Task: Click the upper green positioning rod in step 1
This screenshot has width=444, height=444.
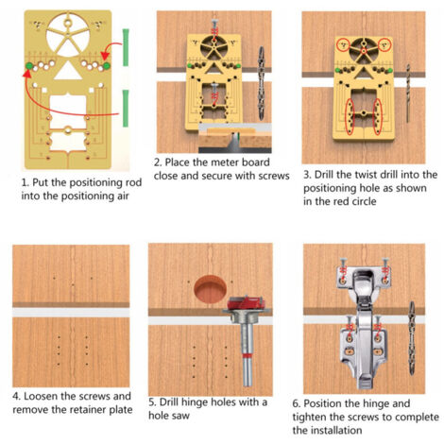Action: [x=126, y=47]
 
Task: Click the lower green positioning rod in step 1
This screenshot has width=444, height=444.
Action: [x=126, y=109]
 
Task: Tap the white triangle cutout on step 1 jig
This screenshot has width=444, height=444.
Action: [x=68, y=70]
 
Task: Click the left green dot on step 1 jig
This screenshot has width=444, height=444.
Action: [x=29, y=66]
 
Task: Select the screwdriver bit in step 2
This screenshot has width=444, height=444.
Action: [x=261, y=83]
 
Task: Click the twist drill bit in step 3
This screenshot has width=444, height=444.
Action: [x=408, y=94]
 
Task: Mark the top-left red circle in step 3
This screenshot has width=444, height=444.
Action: [x=343, y=44]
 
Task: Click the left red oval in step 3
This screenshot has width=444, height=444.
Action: [x=350, y=117]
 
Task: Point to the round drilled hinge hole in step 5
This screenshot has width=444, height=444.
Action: [x=210, y=289]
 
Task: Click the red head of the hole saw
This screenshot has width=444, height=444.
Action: [x=245, y=302]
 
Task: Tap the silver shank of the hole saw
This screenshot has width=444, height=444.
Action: [x=248, y=354]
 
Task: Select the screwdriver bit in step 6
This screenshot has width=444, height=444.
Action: [x=411, y=338]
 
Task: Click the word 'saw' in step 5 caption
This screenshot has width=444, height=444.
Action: [x=180, y=416]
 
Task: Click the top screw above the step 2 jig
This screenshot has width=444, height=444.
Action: [x=214, y=29]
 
